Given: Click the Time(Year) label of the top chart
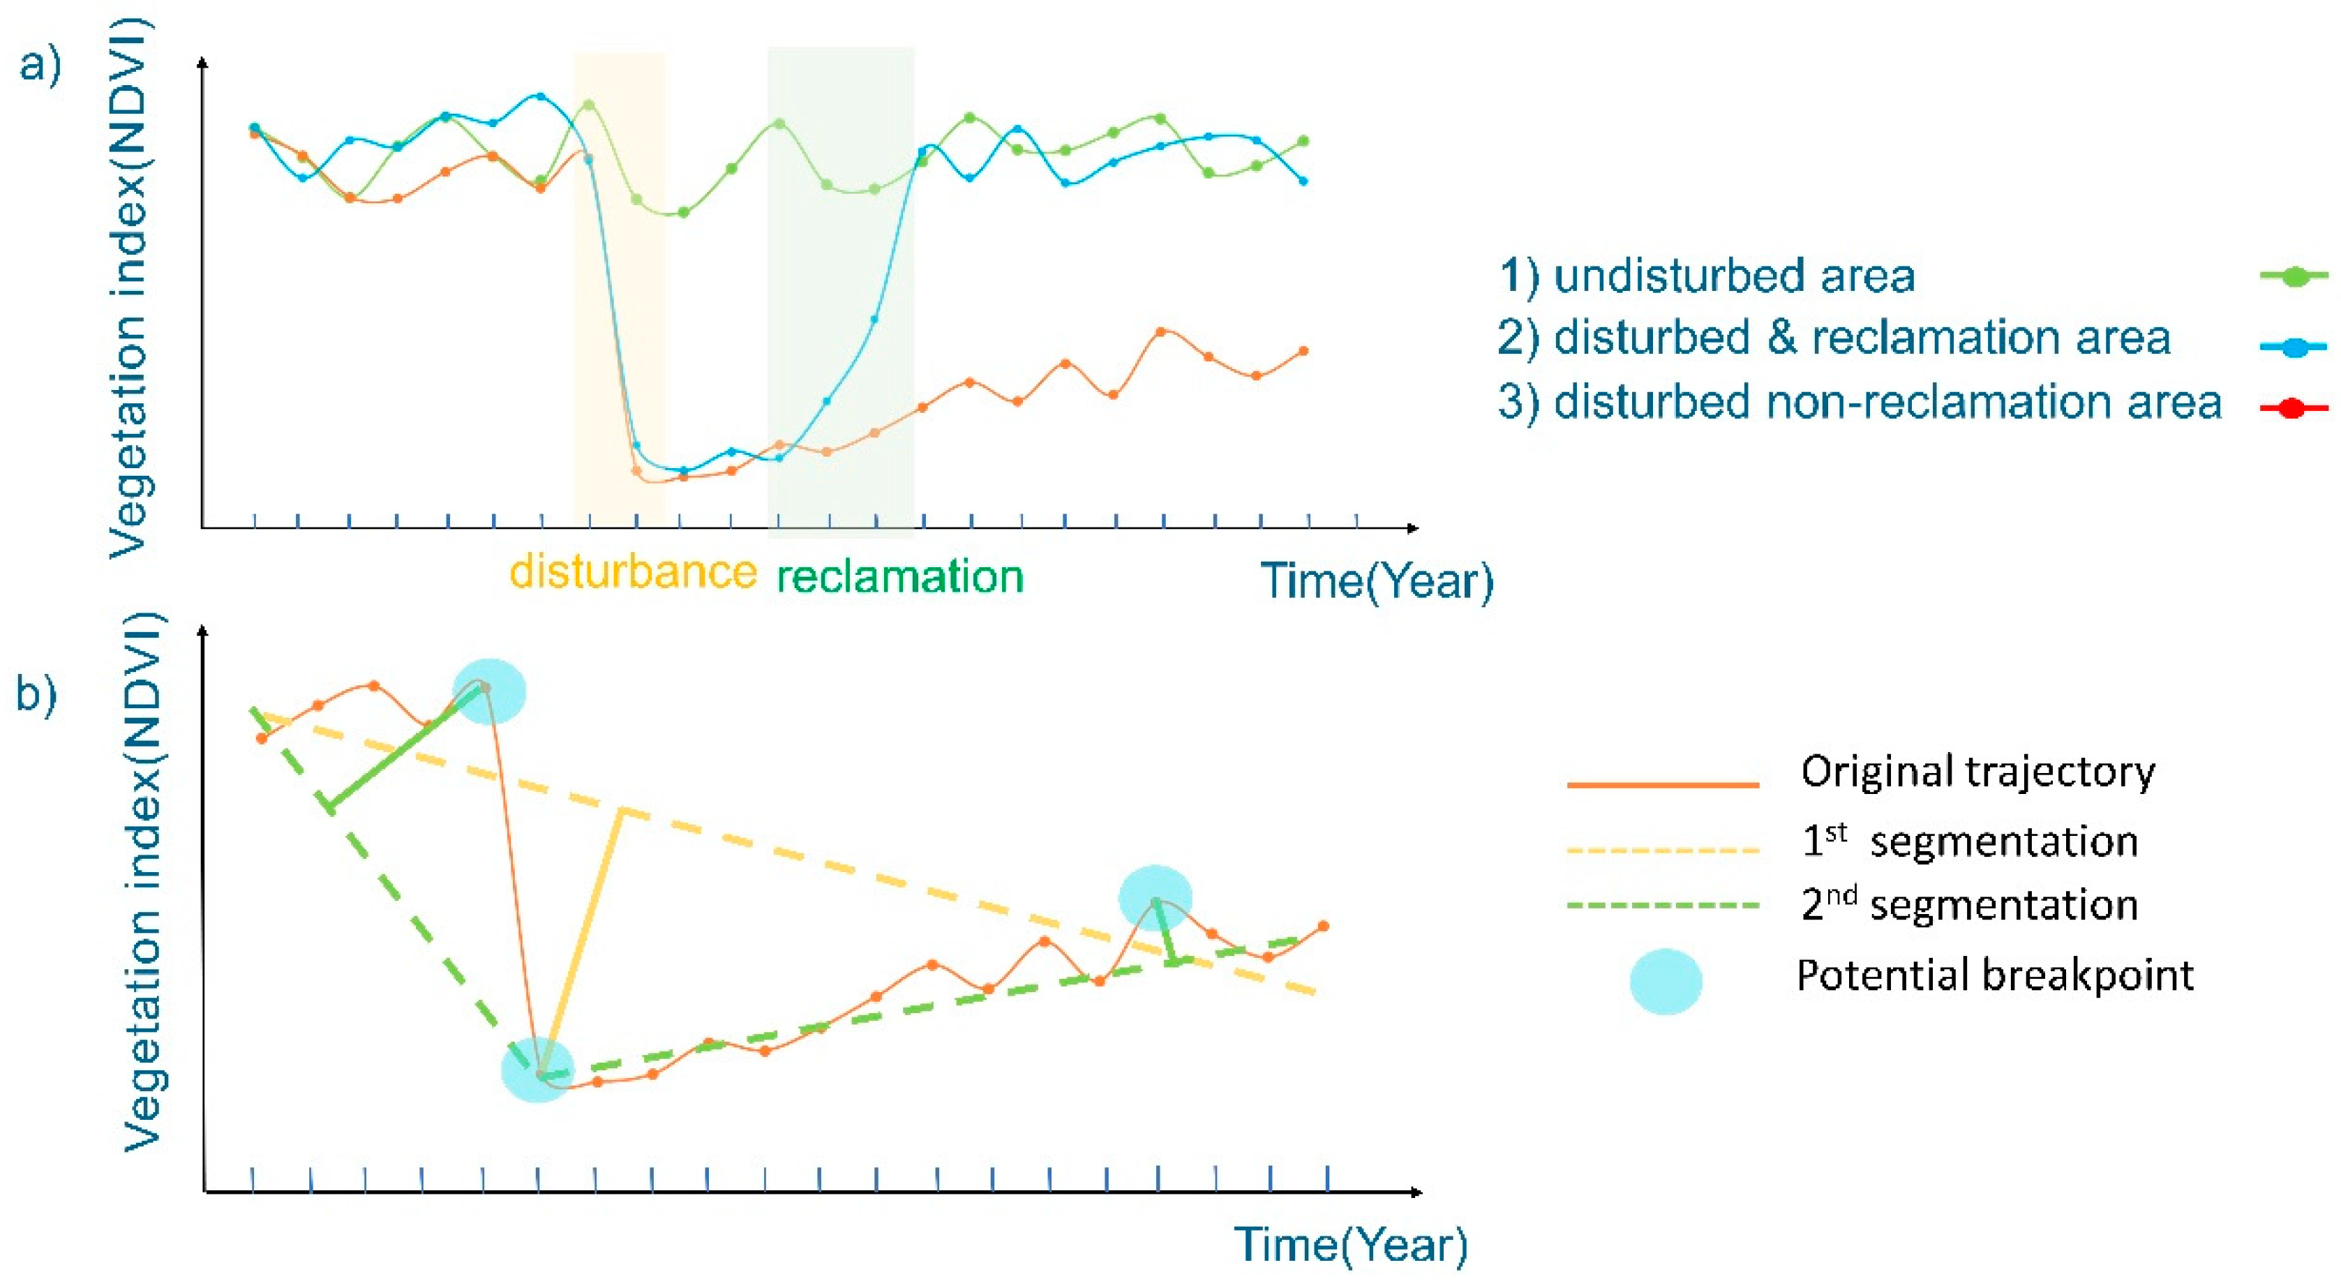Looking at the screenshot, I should [1376, 581].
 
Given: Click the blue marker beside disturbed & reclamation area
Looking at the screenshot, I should [2294, 347].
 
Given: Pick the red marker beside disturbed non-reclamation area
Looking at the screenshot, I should [2294, 409].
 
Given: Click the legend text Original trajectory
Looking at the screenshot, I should [1977, 772].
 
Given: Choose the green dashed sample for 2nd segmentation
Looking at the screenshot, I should [1663, 906].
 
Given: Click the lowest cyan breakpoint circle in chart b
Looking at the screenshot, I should [538, 1070].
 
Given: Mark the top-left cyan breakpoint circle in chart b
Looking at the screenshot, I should [489, 691].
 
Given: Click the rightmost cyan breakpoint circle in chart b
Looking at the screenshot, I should [1155, 898].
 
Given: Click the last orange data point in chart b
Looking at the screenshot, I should [1323, 927].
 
